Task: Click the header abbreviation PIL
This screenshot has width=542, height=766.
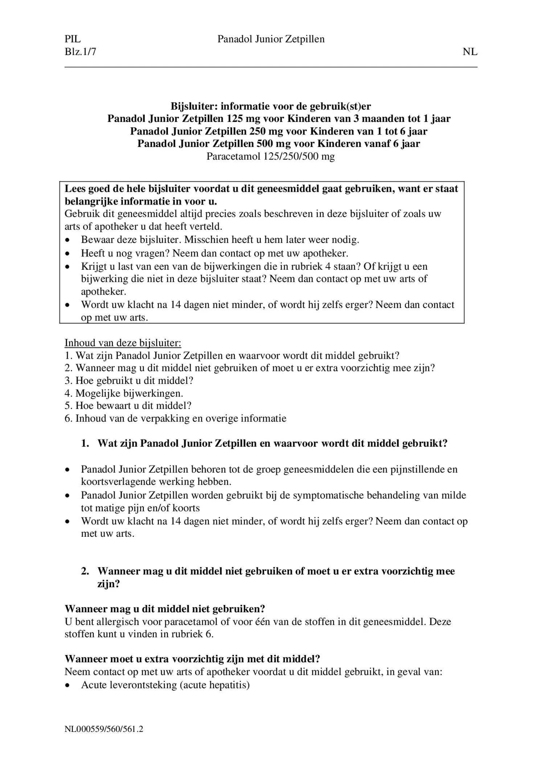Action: point(73,39)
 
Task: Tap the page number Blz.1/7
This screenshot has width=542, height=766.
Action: point(80,52)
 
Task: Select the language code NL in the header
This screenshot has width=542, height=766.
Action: point(470,52)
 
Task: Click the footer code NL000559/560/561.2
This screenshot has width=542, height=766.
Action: point(104,729)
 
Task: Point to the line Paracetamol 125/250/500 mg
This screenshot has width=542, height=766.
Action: point(270,156)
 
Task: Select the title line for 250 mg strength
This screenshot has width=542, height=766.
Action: point(278,131)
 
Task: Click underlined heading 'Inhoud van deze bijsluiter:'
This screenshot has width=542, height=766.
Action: point(123,343)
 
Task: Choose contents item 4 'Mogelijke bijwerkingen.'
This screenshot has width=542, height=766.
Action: point(124,393)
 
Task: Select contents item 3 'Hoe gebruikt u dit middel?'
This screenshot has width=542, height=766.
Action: point(129,380)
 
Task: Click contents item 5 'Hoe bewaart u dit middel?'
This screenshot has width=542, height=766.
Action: point(128,405)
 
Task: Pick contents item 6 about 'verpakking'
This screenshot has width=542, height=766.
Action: point(175,418)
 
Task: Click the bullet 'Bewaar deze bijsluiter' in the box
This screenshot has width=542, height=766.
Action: point(132,240)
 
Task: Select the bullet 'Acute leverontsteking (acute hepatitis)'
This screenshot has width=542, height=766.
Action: point(165,685)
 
